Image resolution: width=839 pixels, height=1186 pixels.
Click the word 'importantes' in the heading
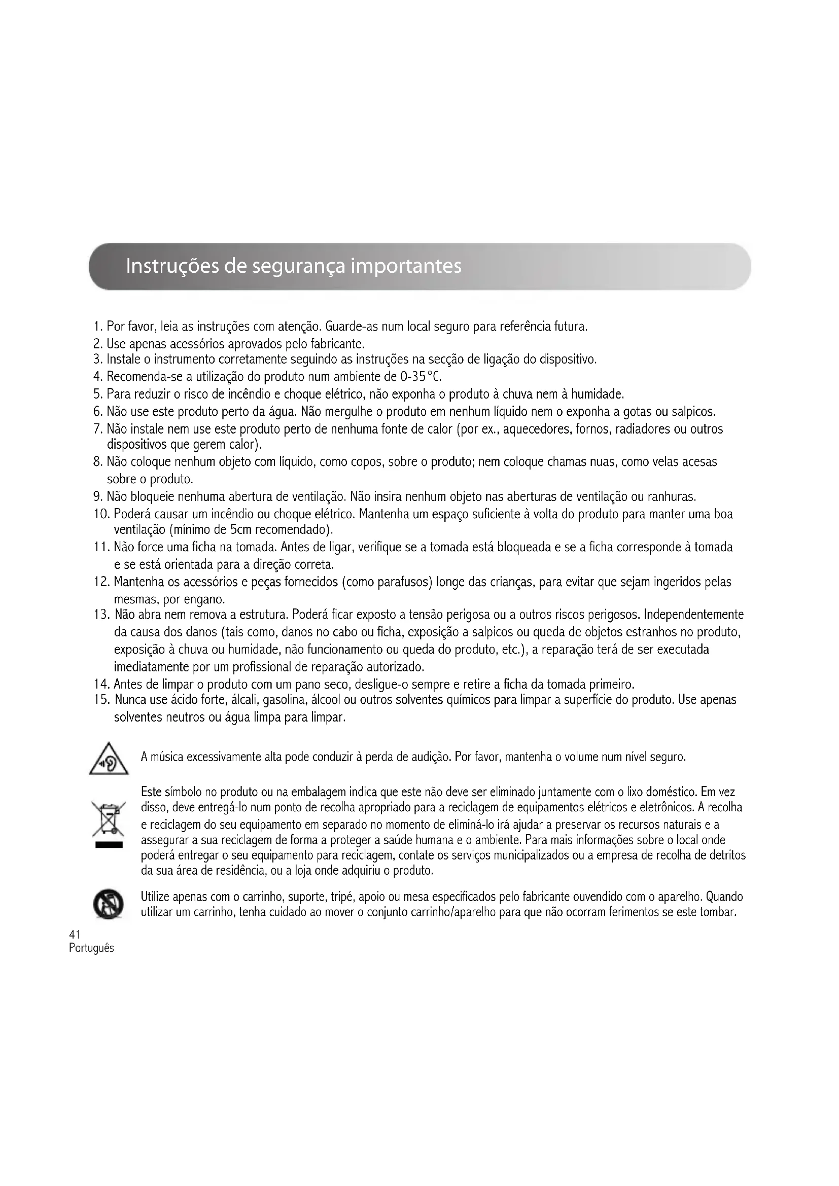point(406,266)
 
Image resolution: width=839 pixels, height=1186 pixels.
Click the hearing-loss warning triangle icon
point(109,759)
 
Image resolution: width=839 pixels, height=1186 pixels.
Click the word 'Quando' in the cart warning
point(724,895)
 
